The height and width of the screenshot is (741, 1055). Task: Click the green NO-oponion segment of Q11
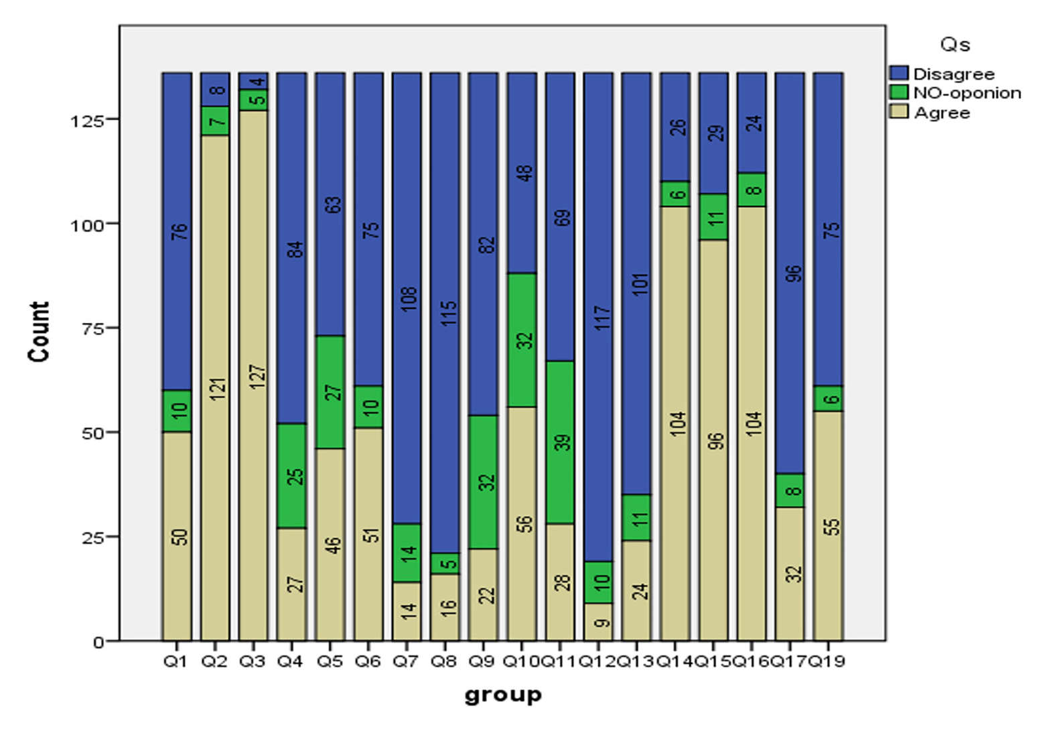pos(560,442)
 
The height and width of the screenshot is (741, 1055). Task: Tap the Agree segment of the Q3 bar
pos(253,375)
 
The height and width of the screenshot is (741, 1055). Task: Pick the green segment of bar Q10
pos(522,340)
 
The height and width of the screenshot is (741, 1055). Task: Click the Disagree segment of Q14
pos(675,127)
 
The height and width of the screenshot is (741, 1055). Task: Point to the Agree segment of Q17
pos(790,574)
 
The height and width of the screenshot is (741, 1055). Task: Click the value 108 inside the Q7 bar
pos(408,298)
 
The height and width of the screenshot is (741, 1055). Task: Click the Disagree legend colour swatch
pos(899,73)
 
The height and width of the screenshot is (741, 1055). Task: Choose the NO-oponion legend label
pos(967,93)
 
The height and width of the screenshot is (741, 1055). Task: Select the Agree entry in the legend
pos(942,113)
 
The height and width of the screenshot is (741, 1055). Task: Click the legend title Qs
pos(955,45)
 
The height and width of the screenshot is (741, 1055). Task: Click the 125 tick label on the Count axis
pos(86,121)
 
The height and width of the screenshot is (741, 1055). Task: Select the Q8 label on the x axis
pos(443,662)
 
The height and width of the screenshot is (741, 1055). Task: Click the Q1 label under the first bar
pos(176,662)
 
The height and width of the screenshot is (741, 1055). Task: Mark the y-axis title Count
pos(40,332)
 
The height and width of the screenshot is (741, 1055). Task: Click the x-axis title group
pos(503,695)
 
